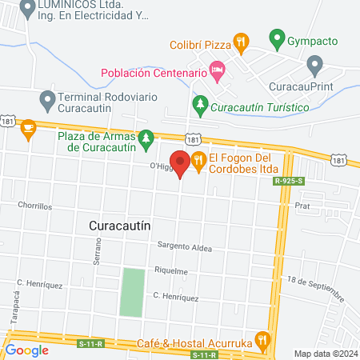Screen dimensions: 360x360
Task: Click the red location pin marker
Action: point(180,162)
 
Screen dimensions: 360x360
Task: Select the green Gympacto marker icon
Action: point(277,38)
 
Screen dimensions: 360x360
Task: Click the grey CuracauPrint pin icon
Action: point(314,62)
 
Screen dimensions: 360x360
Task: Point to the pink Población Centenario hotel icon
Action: point(218,72)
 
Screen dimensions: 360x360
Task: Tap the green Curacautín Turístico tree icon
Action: point(200,102)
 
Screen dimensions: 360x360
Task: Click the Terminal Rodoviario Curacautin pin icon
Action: point(46,98)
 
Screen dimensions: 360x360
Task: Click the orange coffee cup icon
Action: point(29,127)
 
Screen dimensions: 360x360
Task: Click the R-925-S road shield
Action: point(289,182)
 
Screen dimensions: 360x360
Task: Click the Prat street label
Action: point(302,206)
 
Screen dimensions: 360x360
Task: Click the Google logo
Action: point(27,350)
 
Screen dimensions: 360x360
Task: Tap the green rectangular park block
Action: point(133,292)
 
